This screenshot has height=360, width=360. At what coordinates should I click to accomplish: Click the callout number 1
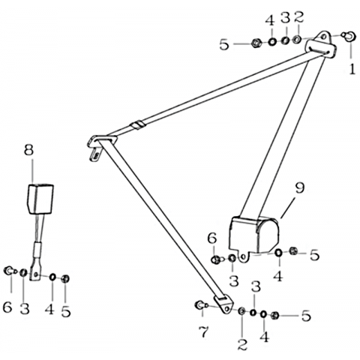(x=352, y=69)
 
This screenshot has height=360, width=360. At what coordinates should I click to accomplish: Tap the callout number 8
(x=28, y=150)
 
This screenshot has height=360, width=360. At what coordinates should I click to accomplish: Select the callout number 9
(x=300, y=188)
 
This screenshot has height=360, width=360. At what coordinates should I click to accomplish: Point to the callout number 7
(x=203, y=332)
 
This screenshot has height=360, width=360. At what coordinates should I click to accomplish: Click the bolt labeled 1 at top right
(x=349, y=36)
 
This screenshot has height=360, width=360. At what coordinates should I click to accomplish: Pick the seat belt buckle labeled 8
(x=40, y=199)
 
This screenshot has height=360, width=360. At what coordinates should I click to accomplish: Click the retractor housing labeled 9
(x=253, y=235)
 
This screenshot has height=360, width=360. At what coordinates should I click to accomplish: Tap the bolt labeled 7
(x=201, y=305)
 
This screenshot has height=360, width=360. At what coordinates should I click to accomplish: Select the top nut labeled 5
(x=256, y=43)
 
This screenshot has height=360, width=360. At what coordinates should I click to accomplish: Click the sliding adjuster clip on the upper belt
(x=137, y=125)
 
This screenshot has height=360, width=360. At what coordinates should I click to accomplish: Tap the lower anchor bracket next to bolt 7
(x=224, y=304)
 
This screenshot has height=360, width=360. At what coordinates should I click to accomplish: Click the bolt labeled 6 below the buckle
(x=10, y=271)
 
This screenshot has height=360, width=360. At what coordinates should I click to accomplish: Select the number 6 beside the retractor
(x=212, y=238)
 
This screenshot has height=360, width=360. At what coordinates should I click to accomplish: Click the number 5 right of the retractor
(x=314, y=255)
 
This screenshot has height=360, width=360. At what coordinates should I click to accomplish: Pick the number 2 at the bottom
(x=242, y=344)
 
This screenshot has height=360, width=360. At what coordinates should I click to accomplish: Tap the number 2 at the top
(x=298, y=17)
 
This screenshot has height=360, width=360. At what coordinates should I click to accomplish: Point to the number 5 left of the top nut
(x=224, y=45)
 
